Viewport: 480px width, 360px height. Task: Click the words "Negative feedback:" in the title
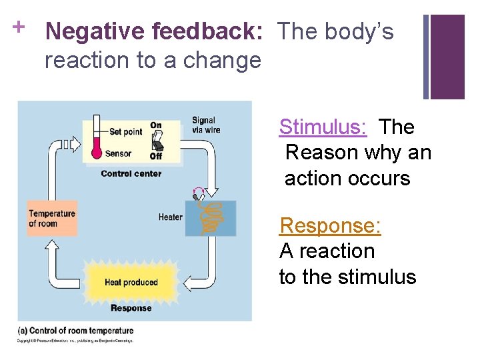[x=155, y=31]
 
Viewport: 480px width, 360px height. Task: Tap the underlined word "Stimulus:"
[x=323, y=127]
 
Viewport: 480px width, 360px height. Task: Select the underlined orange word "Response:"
[x=330, y=225]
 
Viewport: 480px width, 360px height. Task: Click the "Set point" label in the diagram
[x=125, y=132]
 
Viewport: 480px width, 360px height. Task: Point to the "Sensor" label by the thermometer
[x=118, y=153]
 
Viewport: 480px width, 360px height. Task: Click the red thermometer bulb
[x=97, y=152]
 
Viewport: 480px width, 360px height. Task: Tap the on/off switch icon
[x=157, y=141]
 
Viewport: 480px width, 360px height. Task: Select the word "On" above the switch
[x=156, y=125]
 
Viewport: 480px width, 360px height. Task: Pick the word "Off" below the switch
[x=156, y=156]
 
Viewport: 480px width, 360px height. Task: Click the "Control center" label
[x=131, y=173]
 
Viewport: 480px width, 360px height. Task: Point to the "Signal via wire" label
[x=205, y=125]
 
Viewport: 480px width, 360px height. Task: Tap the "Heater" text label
[x=170, y=217]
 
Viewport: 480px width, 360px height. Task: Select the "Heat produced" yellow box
[x=131, y=282]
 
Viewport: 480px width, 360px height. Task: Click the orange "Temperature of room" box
[x=51, y=218]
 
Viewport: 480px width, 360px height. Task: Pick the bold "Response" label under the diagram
[x=131, y=308]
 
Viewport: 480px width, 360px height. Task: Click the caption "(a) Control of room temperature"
[x=75, y=331]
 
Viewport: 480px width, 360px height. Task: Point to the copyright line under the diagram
[x=75, y=341]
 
